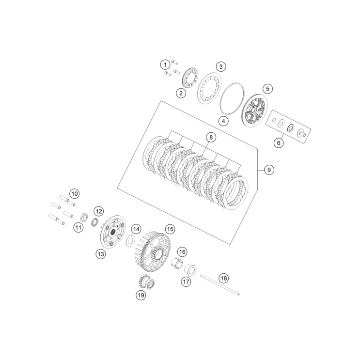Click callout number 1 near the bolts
tap(165, 64)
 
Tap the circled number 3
tap(220, 66)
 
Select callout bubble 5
tap(268, 89)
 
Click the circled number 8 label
tap(210, 138)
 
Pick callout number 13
tap(100, 254)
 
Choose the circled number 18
tap(223, 278)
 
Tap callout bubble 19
tap(141, 295)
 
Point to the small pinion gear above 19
tap(144, 281)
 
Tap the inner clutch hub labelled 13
tap(112, 232)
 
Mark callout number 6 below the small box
tap(278, 143)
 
